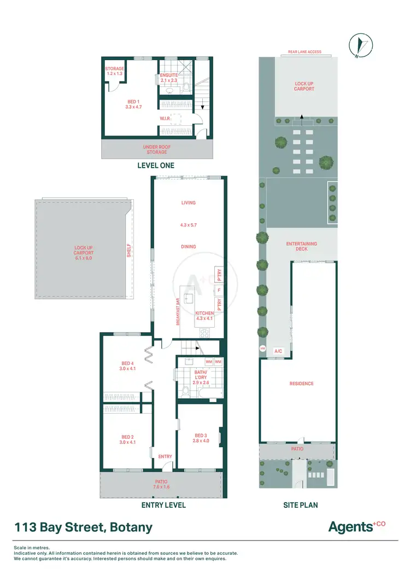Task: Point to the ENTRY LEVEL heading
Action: (163, 505)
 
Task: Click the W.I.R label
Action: (166, 118)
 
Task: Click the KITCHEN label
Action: (205, 314)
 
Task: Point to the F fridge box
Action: (219, 290)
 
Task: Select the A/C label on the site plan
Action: (278, 351)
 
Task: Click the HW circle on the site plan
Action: (262, 348)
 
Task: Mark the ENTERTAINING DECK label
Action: (301, 246)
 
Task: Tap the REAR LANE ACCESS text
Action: (305, 52)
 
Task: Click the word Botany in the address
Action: (131, 527)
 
